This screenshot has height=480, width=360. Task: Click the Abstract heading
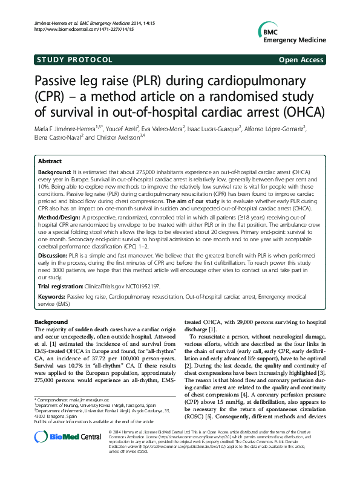[x=50, y=161]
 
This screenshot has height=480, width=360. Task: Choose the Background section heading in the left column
[x=51, y=322]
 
